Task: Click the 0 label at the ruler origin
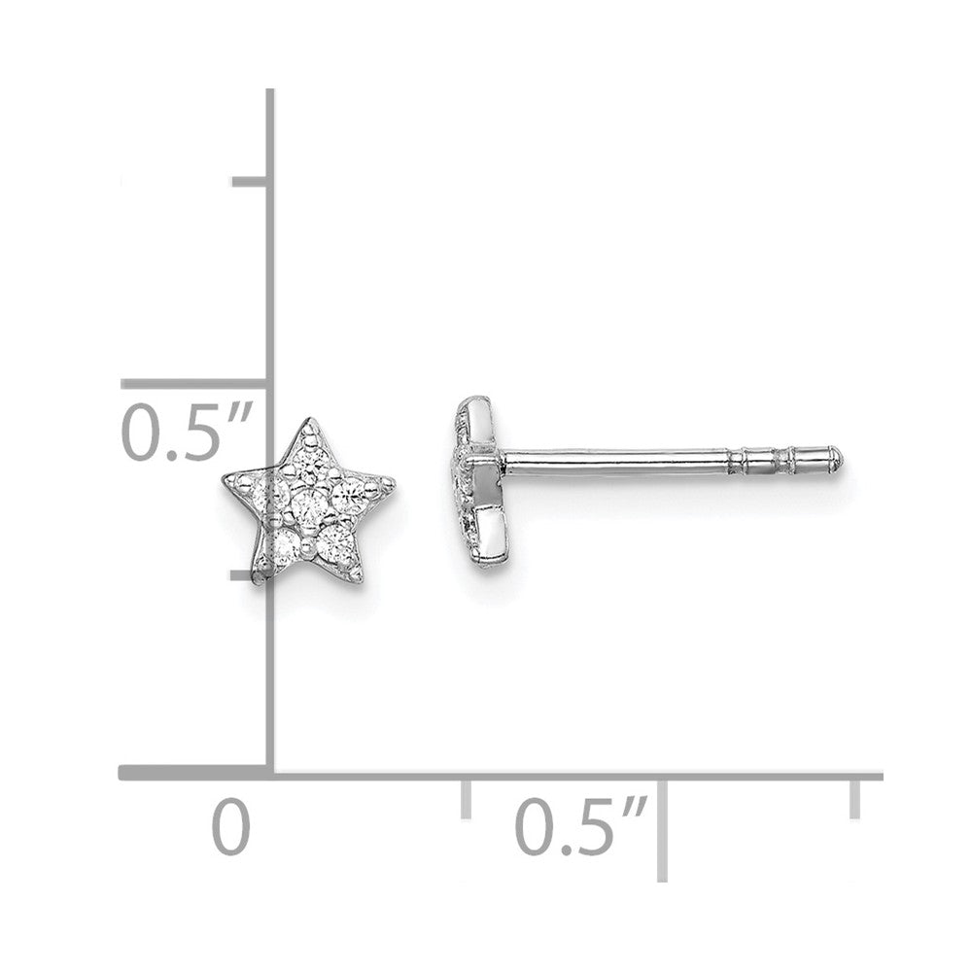(x=230, y=827)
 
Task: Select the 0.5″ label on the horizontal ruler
(x=581, y=827)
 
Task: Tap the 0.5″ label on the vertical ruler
(x=186, y=433)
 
